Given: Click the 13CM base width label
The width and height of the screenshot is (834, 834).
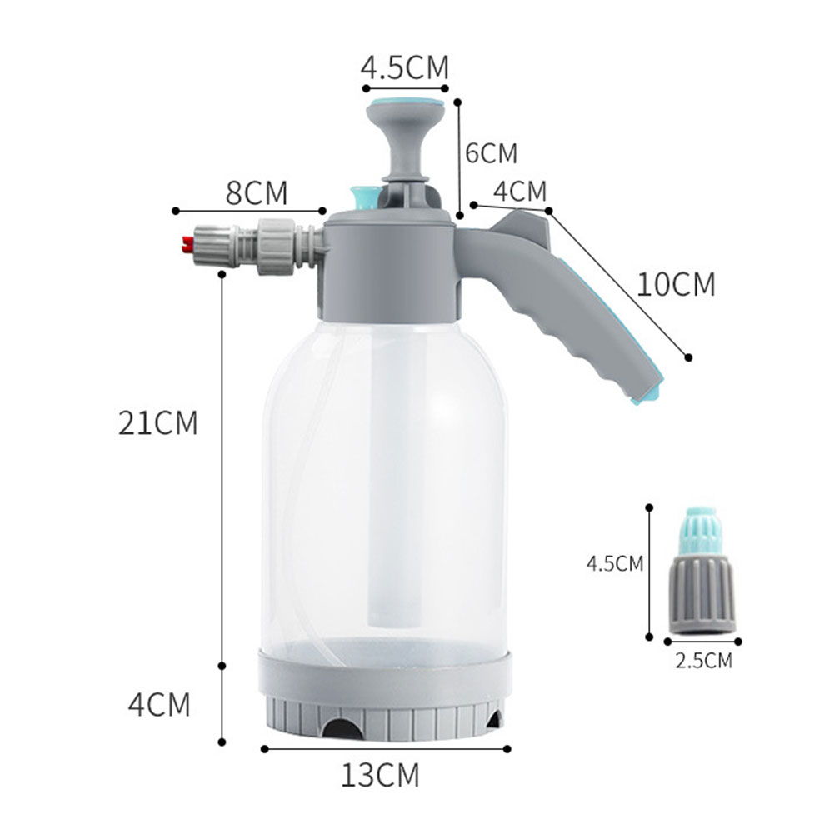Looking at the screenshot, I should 380,775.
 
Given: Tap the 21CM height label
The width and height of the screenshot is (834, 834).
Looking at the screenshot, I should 158,423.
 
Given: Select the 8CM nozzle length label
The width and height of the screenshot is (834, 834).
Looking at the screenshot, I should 257,192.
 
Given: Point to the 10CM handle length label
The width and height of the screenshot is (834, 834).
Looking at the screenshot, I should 677,285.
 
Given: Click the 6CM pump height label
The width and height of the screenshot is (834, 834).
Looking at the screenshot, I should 491,153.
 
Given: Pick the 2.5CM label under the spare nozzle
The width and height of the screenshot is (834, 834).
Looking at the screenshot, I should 703,662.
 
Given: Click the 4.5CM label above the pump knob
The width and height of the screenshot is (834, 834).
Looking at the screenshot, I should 405,67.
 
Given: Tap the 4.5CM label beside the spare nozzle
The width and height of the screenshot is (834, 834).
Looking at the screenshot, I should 615,563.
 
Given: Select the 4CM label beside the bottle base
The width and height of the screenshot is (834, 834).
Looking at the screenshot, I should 159,705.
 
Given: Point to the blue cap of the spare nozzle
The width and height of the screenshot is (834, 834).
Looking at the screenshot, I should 701,532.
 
